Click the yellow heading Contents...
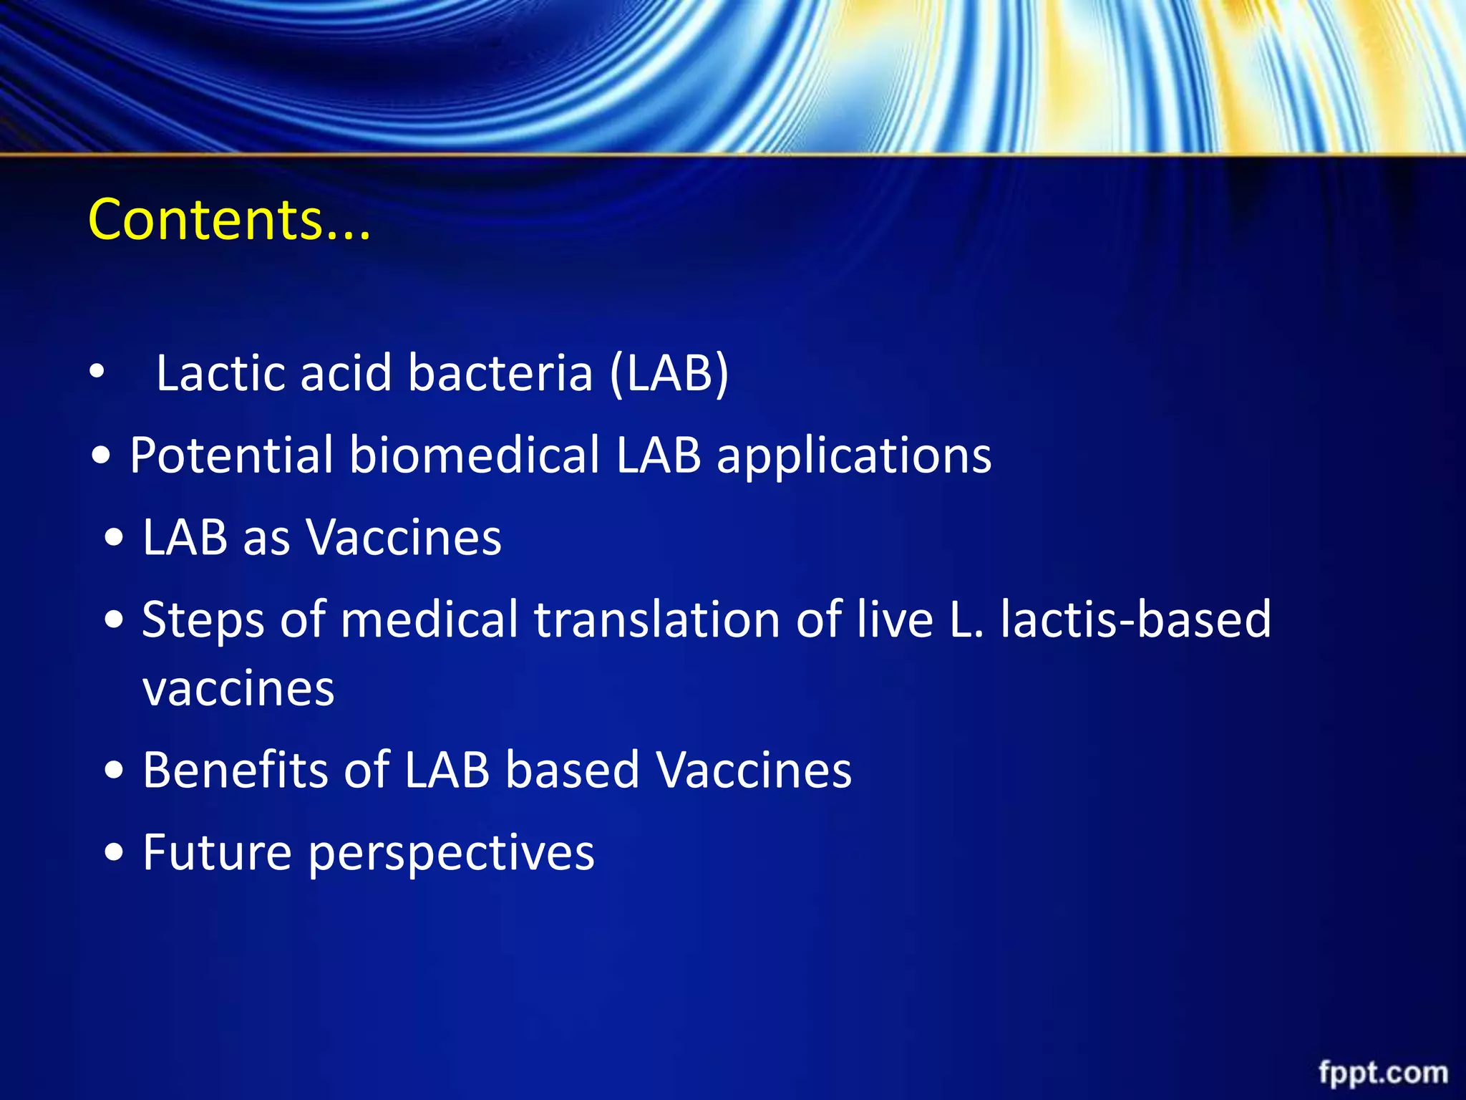click(229, 219)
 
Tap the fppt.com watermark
click(1383, 1073)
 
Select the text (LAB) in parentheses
click(669, 373)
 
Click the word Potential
click(231, 455)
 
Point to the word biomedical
click(475, 455)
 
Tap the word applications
click(854, 457)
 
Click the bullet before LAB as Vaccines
click(113, 539)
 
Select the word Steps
click(203, 619)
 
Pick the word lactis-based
click(1135, 619)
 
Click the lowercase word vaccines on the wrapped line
click(238, 689)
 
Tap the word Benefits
click(235, 770)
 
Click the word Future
click(217, 852)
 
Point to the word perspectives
click(451, 854)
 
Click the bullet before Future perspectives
click(113, 854)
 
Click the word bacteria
click(500, 373)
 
